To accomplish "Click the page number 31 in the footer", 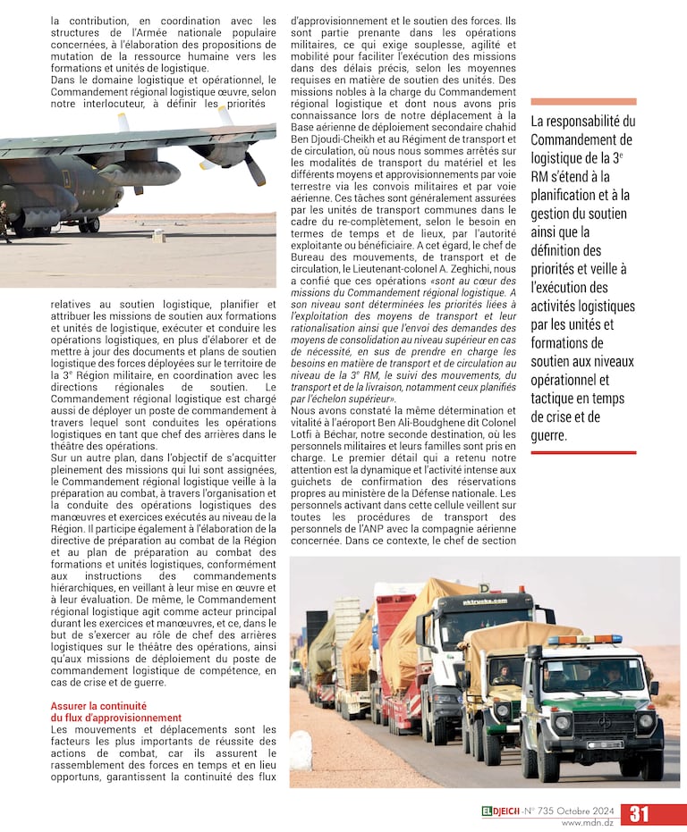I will pos(640,813).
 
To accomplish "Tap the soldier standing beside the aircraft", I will pos(4,222).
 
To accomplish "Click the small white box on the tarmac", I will pos(158,235).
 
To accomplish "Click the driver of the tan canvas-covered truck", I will pos(503,669).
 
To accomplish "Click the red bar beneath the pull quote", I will pos(583,452).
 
